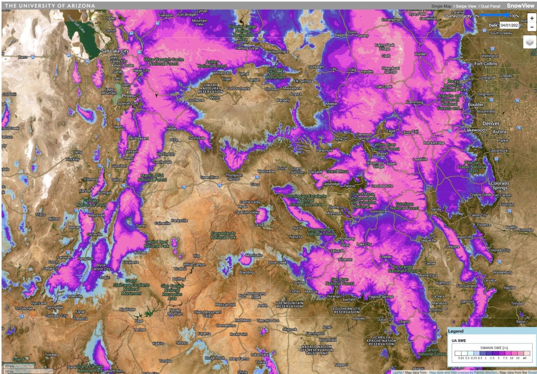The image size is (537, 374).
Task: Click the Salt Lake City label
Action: click(x=115, y=51)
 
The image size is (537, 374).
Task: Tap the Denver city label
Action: click(x=491, y=123)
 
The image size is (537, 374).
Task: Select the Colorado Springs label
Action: click(x=500, y=185)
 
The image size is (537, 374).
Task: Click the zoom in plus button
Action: click(x=532, y=18)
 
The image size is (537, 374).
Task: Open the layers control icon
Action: click(x=530, y=42)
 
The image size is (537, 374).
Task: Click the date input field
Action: click(x=509, y=25)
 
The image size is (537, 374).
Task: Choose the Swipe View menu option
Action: click(x=466, y=6)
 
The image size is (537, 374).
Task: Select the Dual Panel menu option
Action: click(x=490, y=6)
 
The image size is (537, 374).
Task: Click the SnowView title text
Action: click(x=520, y=6)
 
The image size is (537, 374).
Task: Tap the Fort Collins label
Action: click(x=486, y=64)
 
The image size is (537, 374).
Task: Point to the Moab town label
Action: click(x=242, y=207)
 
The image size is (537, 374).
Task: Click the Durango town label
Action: click(x=333, y=296)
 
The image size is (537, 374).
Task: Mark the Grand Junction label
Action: click(x=297, y=170)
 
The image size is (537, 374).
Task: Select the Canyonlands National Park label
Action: click(x=223, y=235)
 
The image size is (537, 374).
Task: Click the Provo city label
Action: click(x=128, y=95)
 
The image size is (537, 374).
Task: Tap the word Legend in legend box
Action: click(x=456, y=331)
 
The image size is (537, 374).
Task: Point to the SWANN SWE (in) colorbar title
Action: click(x=494, y=348)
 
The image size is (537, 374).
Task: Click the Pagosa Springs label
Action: click(x=381, y=296)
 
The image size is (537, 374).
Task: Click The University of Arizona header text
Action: click(x=50, y=6)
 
